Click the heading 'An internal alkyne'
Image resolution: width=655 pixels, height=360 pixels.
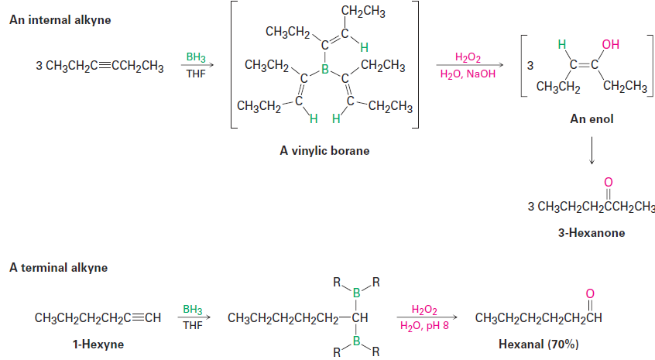(60, 19)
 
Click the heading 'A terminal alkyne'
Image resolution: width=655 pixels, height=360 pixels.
(58, 268)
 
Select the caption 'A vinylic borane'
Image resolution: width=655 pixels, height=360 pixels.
(324, 151)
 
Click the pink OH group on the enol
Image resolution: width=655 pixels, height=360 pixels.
(610, 43)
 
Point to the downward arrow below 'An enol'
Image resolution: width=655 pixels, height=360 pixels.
(592, 152)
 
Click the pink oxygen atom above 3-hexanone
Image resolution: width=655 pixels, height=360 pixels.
(608, 182)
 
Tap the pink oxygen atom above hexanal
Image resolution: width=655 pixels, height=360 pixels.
(590, 293)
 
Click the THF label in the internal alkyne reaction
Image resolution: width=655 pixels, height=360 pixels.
(196, 74)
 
